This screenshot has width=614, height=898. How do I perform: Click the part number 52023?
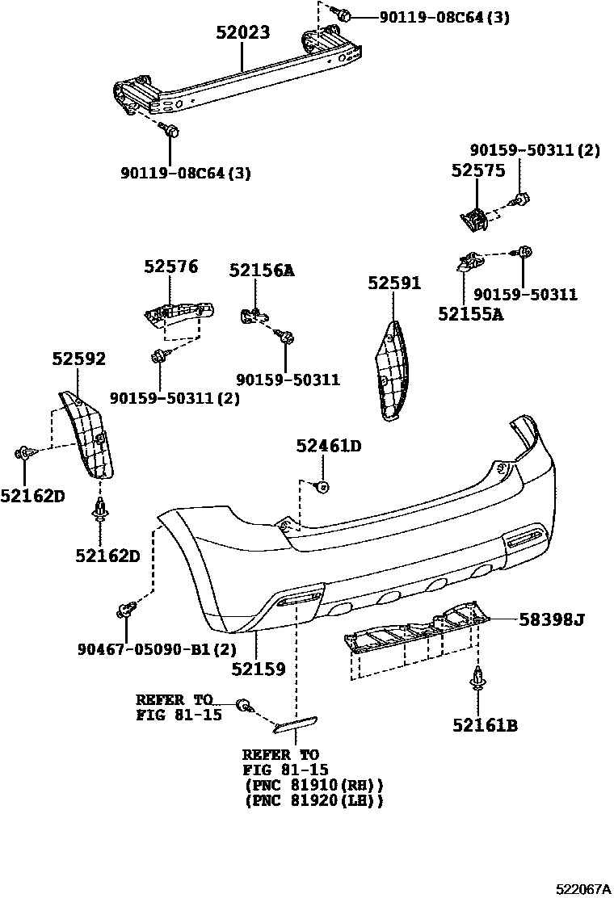[x=242, y=33]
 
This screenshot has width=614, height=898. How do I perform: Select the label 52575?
[x=477, y=171]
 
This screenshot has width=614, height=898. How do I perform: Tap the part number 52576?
[x=171, y=267]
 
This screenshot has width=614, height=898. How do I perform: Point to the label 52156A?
[x=261, y=271]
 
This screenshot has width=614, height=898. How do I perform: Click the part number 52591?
[x=394, y=283]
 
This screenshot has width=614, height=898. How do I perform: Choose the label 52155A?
[x=470, y=313]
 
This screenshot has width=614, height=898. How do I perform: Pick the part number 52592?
[x=79, y=359]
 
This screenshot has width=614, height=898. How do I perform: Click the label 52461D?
[x=328, y=446]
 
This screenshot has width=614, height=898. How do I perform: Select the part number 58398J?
[x=551, y=620]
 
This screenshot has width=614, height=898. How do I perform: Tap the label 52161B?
[x=485, y=725]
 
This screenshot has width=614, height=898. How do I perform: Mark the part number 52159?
[x=258, y=669]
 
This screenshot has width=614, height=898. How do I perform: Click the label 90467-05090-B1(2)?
[x=146, y=648]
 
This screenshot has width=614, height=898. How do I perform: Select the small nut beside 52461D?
[x=322, y=486]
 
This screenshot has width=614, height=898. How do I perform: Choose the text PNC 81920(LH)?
[x=313, y=800]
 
